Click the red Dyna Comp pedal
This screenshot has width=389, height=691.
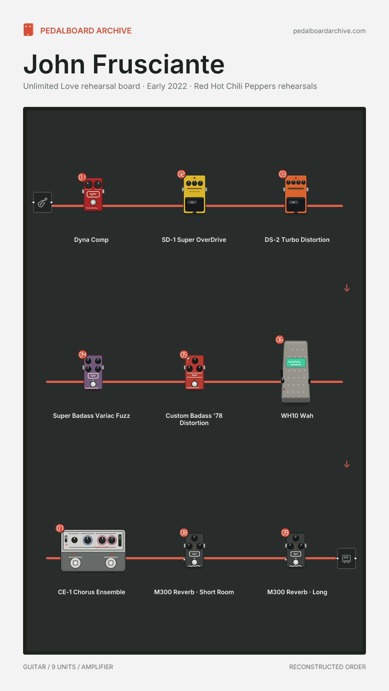click(93, 194)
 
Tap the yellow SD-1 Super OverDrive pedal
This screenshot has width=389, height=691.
click(194, 194)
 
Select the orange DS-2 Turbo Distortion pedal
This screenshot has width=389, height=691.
click(296, 194)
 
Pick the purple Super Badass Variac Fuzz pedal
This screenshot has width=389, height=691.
click(93, 372)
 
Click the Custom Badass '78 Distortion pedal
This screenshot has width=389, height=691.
click(194, 372)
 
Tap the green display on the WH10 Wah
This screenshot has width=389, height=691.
click(296, 362)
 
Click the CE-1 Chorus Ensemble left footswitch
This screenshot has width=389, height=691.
click(75, 563)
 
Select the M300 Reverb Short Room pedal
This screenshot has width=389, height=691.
click(194, 550)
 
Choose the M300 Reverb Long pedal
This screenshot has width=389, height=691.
click(296, 550)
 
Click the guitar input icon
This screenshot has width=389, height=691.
click(43, 202)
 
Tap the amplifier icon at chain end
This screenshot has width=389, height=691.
click(346, 559)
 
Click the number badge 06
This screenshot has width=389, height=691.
click(280, 340)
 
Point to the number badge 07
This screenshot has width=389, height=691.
click(60, 528)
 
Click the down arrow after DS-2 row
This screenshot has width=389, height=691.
click(347, 288)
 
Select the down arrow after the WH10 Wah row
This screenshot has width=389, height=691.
click(347, 464)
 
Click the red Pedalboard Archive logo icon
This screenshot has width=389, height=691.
click(28, 30)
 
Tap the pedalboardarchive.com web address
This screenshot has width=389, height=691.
click(329, 31)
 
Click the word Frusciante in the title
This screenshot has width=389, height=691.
click(158, 64)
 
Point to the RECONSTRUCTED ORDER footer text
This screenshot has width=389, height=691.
click(327, 667)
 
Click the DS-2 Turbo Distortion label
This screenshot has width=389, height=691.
click(297, 240)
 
